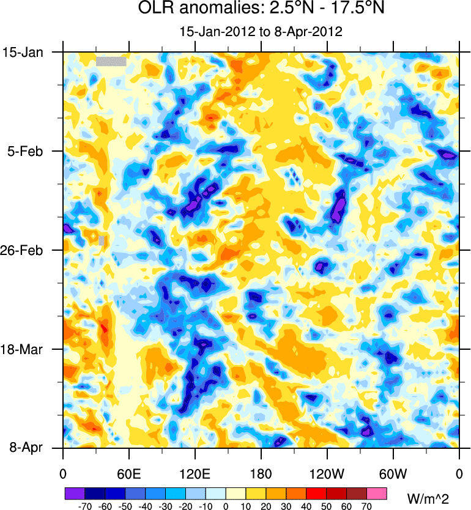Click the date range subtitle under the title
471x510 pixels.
[x=261, y=31]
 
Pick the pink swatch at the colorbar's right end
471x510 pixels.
[x=377, y=493]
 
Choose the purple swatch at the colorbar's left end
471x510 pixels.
[x=75, y=493]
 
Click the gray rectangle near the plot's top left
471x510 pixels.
[x=111, y=61]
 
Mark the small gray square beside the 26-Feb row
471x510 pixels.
[x=102, y=240]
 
